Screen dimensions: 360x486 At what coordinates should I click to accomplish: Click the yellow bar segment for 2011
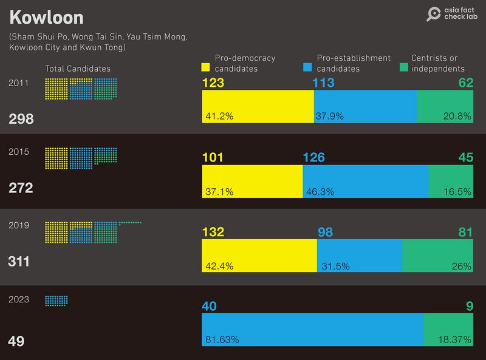coord(258,106)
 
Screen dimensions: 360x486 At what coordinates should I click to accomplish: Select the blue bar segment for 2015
coord(365,182)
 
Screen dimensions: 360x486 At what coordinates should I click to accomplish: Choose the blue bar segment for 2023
coord(312,330)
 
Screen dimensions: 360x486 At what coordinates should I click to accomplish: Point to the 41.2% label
coord(219,115)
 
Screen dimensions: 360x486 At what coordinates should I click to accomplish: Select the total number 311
coord(19,262)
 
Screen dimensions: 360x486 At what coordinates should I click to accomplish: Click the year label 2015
coord(19,152)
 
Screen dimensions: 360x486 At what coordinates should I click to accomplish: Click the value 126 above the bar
coord(313,157)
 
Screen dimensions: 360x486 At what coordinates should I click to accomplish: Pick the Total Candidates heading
coord(78,69)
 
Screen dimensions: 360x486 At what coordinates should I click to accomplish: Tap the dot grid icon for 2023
coord(56,301)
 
